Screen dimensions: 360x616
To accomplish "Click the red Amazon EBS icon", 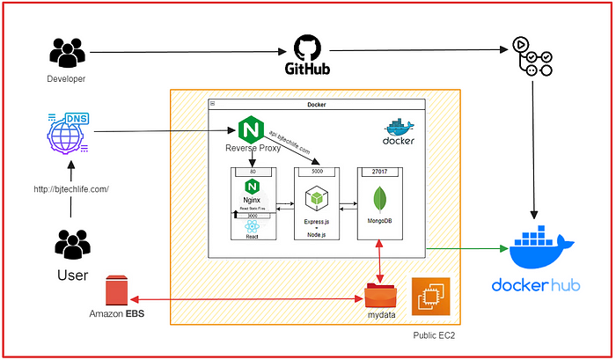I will (x=117, y=291).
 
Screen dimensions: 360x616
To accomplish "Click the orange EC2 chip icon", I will (x=431, y=295).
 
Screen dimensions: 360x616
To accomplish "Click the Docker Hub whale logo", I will (x=540, y=249).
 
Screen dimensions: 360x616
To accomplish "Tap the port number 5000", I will (x=316, y=171).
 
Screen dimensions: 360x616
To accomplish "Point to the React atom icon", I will (x=252, y=226).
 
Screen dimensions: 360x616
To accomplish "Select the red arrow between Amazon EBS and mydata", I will (x=246, y=301).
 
